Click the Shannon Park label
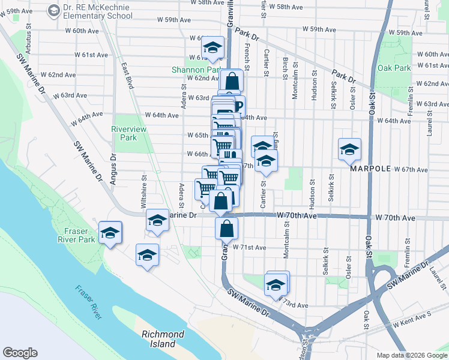[x=196, y=70]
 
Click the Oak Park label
[x=394, y=68]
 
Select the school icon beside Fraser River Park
[x=110, y=233]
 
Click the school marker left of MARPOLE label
[x=349, y=149]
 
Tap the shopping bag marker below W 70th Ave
[x=226, y=229]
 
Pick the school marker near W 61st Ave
[x=212, y=48]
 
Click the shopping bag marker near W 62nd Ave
[x=232, y=81]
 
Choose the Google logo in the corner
[x=20, y=353]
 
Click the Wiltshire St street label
[x=143, y=191]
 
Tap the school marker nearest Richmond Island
[x=147, y=256]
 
